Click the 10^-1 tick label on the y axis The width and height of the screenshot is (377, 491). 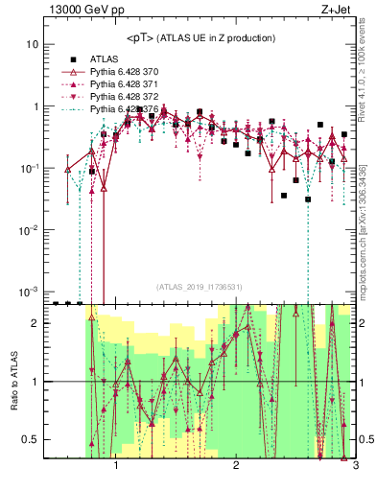30,168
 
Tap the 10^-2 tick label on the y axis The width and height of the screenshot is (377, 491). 30,230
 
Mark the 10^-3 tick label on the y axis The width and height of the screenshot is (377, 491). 30,292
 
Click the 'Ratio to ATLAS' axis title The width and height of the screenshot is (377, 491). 12,381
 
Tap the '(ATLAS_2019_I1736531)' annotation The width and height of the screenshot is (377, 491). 200,287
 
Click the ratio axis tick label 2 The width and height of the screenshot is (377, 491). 35,323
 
